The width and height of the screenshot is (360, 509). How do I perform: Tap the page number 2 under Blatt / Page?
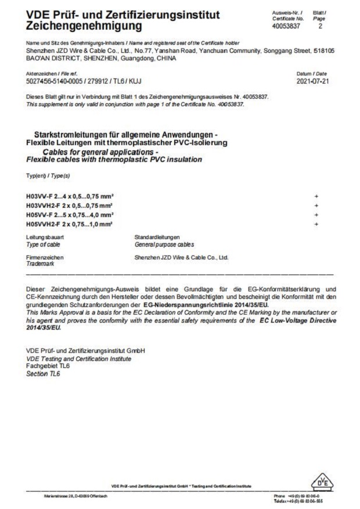(321, 26)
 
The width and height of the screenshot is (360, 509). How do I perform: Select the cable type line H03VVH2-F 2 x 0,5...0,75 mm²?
(70, 205)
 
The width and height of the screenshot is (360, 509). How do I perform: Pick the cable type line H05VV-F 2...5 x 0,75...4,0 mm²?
(70, 215)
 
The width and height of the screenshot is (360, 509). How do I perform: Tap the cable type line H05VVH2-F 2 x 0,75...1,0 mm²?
(70, 223)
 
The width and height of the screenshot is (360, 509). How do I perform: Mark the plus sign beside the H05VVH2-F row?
(316, 223)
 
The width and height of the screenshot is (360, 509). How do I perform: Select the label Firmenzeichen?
(45, 257)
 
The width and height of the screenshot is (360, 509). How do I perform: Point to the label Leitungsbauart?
(45, 237)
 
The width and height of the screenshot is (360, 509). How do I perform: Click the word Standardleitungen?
(157, 237)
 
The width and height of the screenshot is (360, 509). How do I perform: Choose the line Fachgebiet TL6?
(48, 367)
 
